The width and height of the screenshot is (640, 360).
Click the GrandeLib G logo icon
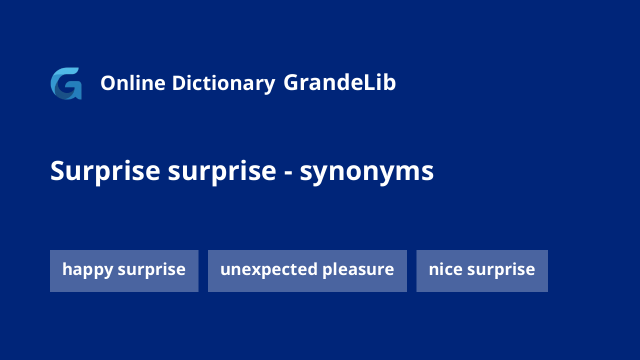pyautogui.click(x=66, y=83)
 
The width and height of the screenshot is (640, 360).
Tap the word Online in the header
pyautogui.click(x=133, y=83)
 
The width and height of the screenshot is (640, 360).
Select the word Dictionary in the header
pyautogui.click(x=223, y=83)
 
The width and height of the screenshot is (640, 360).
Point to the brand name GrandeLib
pyautogui.click(x=339, y=82)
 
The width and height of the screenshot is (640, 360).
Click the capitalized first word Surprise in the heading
pyautogui.click(x=105, y=171)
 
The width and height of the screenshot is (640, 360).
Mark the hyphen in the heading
pyautogui.click(x=288, y=172)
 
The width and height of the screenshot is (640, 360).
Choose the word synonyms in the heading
pyautogui.click(x=367, y=173)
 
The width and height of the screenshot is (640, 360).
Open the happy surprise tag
pyautogui.click(x=124, y=271)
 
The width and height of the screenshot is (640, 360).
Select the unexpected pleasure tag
pyautogui.click(x=307, y=271)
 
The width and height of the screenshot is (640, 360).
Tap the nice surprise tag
pyautogui.click(x=482, y=271)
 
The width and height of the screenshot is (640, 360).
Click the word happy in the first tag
pyautogui.click(x=87, y=270)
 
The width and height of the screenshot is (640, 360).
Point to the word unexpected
pyautogui.click(x=269, y=270)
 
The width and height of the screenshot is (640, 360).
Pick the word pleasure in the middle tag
pyautogui.click(x=358, y=270)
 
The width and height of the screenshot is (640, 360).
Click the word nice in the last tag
pyautogui.click(x=445, y=269)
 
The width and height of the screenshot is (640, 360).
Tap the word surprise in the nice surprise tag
pyautogui.click(x=501, y=270)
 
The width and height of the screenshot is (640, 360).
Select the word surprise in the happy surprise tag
pyautogui.click(x=151, y=270)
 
